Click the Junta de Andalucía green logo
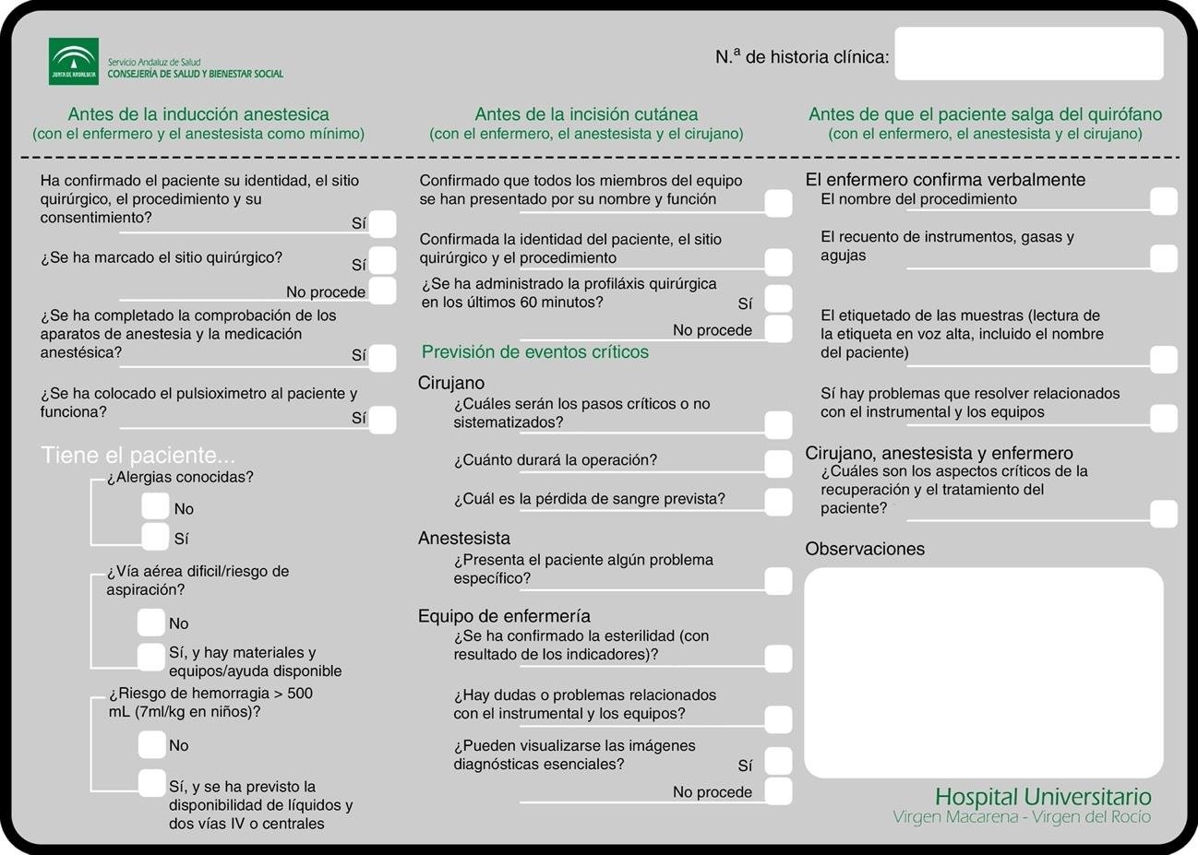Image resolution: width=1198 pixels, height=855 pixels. pos(73,62)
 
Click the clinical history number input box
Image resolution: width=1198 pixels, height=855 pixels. pos(1028,54)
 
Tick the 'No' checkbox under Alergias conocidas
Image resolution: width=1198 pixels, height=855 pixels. pos(155,506)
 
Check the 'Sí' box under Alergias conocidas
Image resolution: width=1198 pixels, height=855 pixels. pos(155,537)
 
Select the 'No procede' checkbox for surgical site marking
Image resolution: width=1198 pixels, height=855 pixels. pos(382,291)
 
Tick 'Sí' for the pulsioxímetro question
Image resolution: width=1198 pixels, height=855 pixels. pos(382,420)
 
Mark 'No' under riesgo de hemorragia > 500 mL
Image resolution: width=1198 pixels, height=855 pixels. pos(151,744)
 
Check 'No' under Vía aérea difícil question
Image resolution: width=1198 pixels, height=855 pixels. pos(150,623)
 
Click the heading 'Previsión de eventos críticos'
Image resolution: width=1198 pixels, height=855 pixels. pos(534,352)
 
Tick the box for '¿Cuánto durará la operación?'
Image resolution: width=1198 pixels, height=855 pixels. pos(778,463)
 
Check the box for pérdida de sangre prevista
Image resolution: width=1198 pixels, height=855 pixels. pos(778,502)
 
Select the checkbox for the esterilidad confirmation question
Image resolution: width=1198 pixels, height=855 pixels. pos(778,659)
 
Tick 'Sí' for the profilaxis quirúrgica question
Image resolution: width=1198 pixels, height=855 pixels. pos(778,299)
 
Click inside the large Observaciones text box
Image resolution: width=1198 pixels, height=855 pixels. pos(983,673)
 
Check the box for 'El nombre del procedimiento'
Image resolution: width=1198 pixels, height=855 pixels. pos(1164,201)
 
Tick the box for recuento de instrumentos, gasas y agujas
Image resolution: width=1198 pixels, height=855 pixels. pos(1164,258)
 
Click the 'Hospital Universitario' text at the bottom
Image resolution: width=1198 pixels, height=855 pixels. pos(1043,797)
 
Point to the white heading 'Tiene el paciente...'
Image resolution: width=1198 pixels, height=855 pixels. pos(138,456)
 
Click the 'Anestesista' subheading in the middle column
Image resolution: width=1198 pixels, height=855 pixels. pos(464,538)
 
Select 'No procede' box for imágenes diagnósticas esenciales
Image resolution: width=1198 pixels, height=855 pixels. pos(778,791)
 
